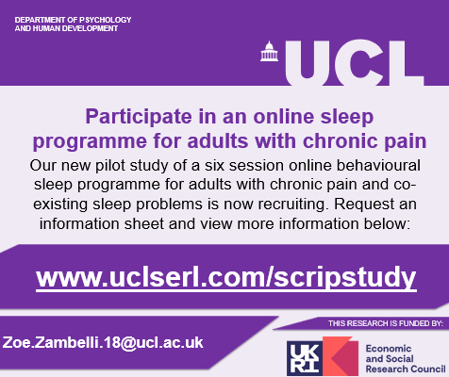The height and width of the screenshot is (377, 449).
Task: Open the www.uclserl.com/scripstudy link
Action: coord(225,277)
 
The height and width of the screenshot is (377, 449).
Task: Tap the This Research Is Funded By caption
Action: coord(385,323)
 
